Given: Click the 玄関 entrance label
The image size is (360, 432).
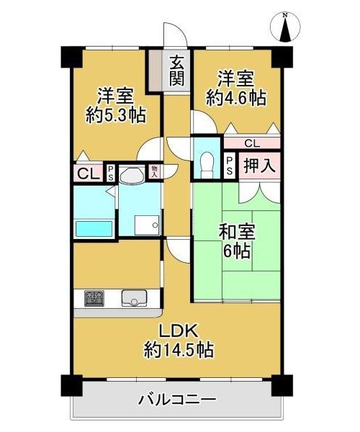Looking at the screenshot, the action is [x=176, y=70].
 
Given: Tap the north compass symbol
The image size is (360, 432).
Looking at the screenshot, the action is [x=285, y=27].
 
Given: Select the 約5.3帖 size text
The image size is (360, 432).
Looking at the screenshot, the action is [x=116, y=115].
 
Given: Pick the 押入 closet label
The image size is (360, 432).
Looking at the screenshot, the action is [x=259, y=166].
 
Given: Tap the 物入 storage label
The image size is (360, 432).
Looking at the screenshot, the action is [x=154, y=171].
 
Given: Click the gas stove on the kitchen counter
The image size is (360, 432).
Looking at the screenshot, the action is [x=94, y=298].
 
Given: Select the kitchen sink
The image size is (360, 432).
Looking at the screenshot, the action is [x=134, y=298].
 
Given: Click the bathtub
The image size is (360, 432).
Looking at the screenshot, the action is [x=94, y=228].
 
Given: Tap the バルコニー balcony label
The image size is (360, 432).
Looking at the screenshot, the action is [x=177, y=399].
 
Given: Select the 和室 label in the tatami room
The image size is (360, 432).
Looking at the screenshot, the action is [x=237, y=232].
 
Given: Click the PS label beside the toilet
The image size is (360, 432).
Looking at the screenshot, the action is [x=230, y=166].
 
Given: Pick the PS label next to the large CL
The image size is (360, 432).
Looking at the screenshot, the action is [x=110, y=173].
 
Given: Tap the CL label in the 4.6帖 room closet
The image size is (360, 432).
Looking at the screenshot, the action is [x=252, y=143].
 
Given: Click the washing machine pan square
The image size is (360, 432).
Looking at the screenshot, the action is [x=147, y=225].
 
